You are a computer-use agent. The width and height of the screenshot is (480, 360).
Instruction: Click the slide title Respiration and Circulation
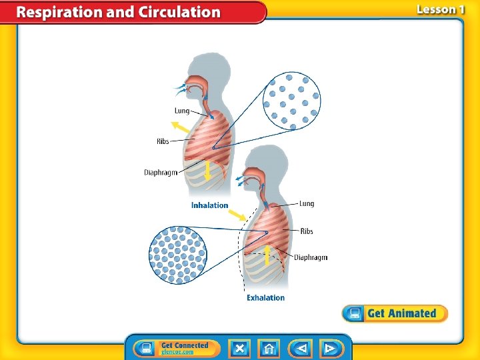(x=119, y=12)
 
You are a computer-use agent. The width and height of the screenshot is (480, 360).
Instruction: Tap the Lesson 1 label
(x=440, y=9)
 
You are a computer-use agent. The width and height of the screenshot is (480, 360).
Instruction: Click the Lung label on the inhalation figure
(x=182, y=111)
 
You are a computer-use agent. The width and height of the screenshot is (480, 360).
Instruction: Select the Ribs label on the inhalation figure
(x=163, y=141)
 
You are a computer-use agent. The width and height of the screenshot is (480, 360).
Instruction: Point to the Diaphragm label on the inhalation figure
(x=161, y=173)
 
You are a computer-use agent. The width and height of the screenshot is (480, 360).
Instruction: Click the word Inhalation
(x=209, y=205)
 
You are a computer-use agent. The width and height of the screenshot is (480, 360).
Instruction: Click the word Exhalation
(x=265, y=298)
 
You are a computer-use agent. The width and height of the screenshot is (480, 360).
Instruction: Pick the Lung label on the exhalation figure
(x=306, y=204)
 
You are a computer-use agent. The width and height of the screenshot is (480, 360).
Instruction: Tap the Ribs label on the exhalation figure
(x=306, y=231)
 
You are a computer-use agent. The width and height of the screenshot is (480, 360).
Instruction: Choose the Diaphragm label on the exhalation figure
(x=311, y=257)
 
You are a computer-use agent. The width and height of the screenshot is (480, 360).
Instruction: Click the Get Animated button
(x=395, y=313)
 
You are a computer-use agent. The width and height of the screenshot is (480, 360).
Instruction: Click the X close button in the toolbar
(x=240, y=348)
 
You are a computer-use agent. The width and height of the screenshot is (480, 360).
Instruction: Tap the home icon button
(x=270, y=348)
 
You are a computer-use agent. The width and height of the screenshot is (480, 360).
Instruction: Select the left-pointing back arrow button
(x=301, y=348)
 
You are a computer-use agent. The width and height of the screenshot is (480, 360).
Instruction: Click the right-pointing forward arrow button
(x=330, y=348)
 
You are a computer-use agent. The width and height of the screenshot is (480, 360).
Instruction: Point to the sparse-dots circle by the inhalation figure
(x=291, y=101)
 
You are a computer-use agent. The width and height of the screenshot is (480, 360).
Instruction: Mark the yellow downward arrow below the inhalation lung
(x=207, y=171)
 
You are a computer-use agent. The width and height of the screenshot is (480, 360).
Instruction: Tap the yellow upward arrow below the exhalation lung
(x=267, y=255)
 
